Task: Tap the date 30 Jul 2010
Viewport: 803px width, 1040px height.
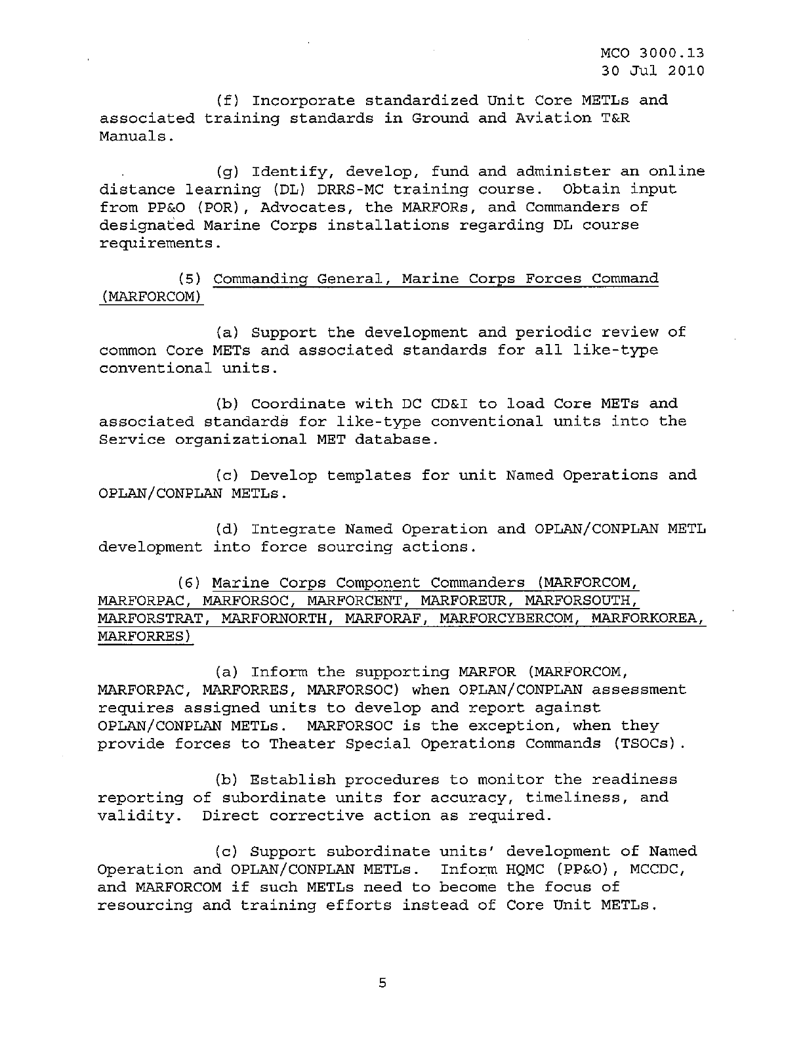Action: pyautogui.click(x=653, y=70)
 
